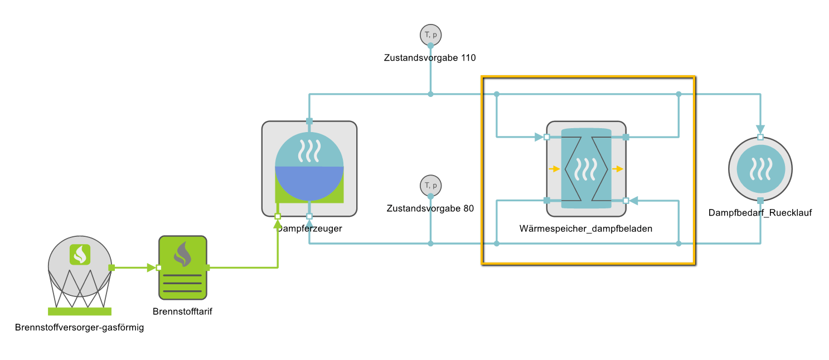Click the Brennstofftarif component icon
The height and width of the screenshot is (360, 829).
pos(182,268)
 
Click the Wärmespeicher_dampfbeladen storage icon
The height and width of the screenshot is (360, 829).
pos(586,168)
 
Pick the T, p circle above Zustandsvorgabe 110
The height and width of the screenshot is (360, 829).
pos(430,35)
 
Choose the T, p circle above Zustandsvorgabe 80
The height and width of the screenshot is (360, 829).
pos(430,185)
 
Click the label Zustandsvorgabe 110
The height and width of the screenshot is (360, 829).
pos(430,57)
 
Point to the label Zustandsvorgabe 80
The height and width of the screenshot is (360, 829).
pos(430,208)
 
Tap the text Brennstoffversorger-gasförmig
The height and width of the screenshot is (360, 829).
pos(80,328)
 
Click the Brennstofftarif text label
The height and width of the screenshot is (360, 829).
pos(182,312)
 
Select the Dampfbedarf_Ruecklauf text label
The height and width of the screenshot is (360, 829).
pos(760,213)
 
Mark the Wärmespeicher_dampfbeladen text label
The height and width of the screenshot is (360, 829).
pos(586,228)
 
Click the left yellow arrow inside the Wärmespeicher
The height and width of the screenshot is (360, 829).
pos(554,169)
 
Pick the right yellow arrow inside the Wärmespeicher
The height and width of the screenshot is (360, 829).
pos(618,169)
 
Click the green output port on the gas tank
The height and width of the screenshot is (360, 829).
pos(111,268)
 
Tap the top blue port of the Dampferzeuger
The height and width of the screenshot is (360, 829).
pos(309,121)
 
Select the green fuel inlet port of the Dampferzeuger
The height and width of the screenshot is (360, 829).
pos(278,216)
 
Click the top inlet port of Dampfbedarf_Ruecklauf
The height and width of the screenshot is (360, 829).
pos(760,137)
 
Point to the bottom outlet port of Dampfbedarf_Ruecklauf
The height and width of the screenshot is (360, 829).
pos(760,201)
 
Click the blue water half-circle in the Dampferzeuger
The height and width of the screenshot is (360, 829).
pos(309,184)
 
